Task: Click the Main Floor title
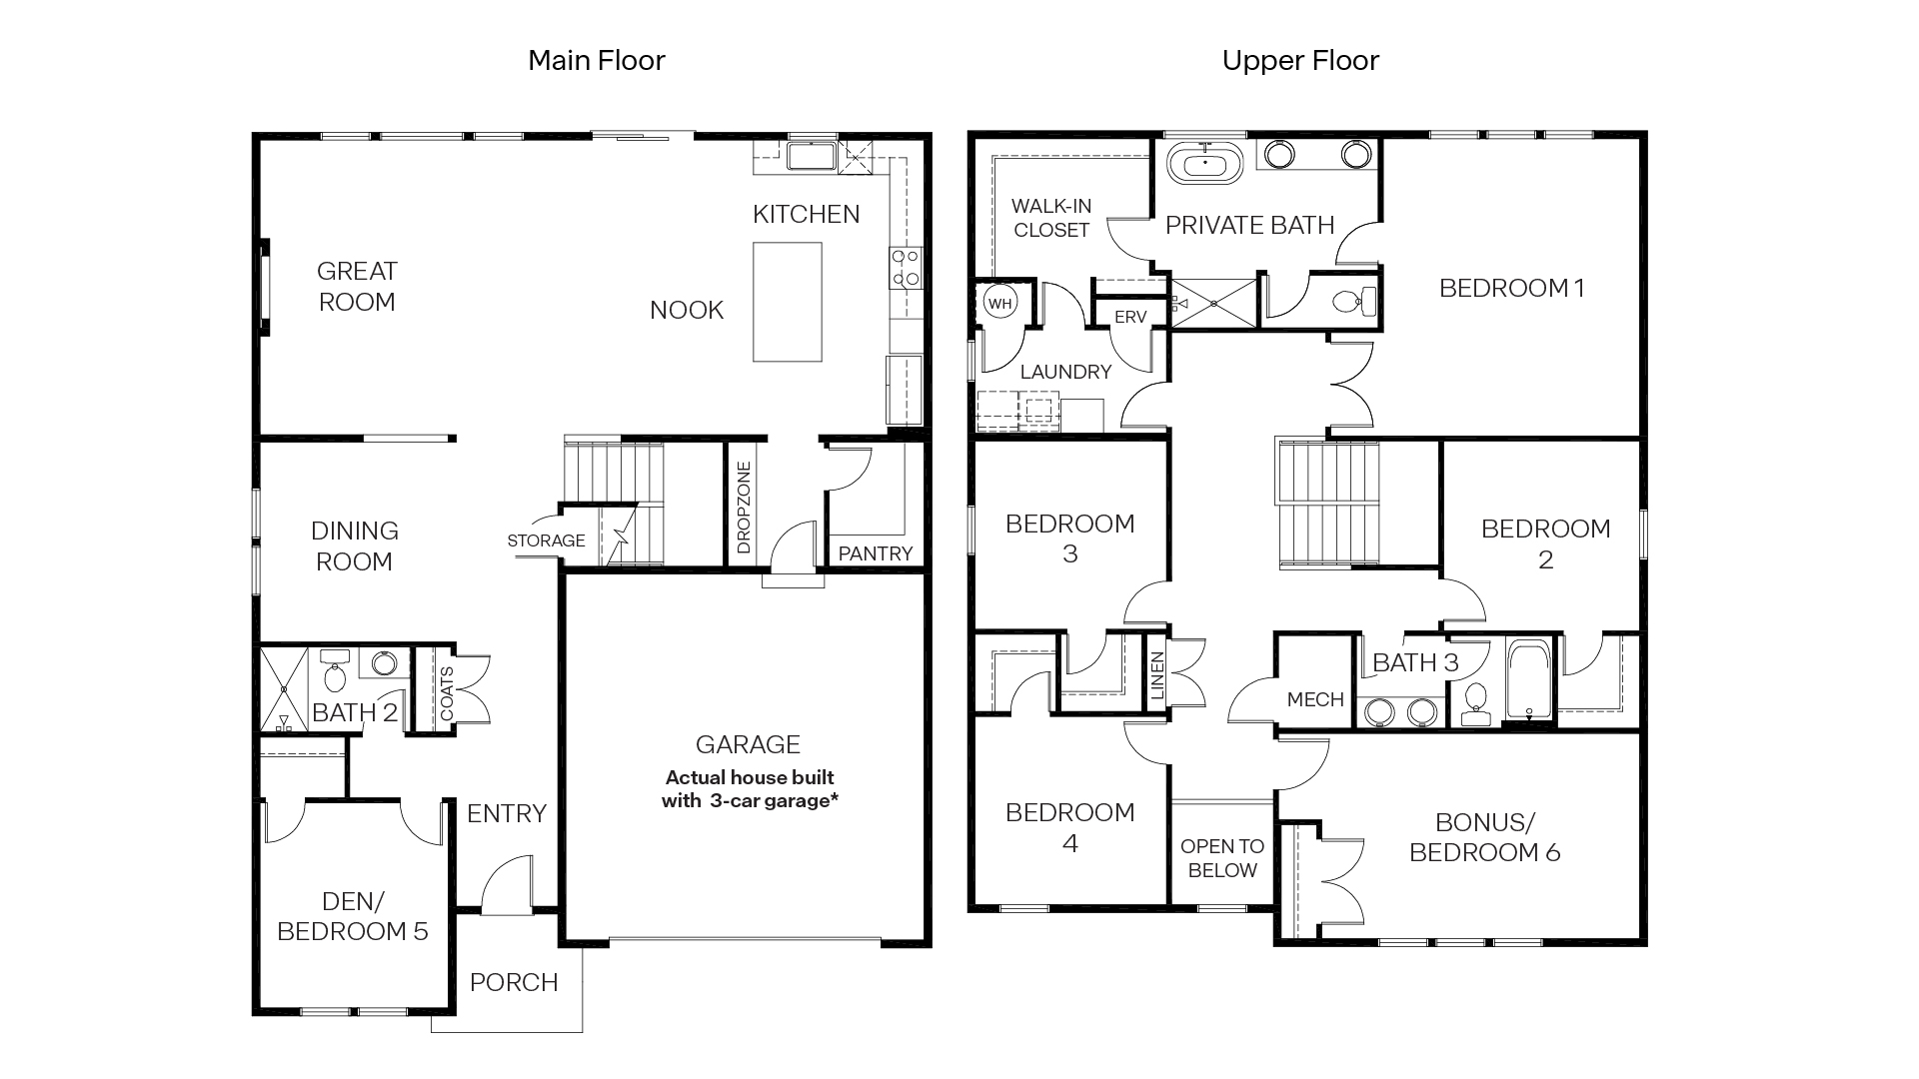596,61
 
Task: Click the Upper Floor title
1299,61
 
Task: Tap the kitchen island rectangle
787,301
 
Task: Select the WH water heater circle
999,303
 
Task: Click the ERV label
1129,317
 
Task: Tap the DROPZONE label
744,508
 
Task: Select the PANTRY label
875,553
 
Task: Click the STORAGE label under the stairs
546,540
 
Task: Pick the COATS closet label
447,692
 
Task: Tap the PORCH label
514,982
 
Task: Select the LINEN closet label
1156,676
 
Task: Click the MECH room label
1314,699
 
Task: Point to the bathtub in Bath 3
1527,679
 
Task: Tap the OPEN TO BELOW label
1221,858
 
